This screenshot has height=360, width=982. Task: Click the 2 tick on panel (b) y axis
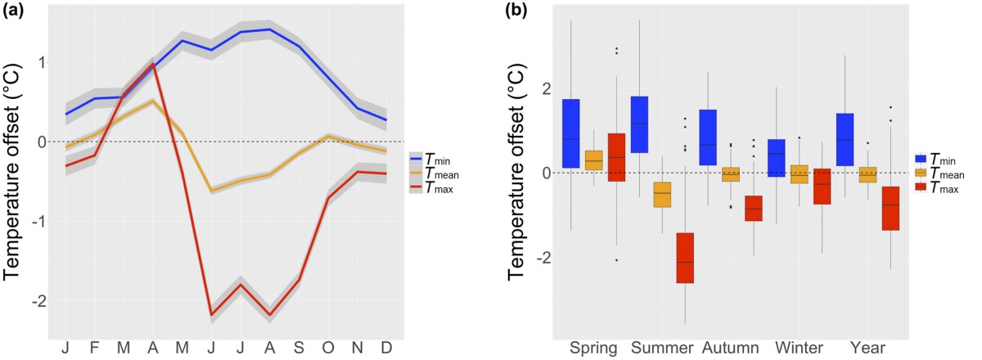tap(547, 88)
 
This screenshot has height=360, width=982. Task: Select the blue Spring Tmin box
tap(571, 133)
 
